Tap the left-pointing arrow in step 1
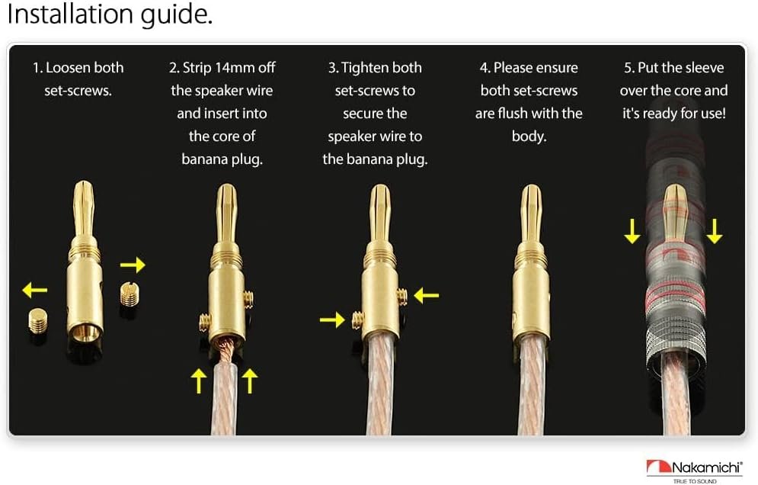pyautogui.click(x=34, y=290)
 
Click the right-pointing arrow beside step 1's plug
pyautogui.click(x=133, y=265)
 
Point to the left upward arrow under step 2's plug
pyautogui.click(x=199, y=379)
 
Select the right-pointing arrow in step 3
pyautogui.click(x=332, y=320)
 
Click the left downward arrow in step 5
pyautogui.click(x=632, y=230)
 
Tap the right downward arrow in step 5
pyautogui.click(x=714, y=230)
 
